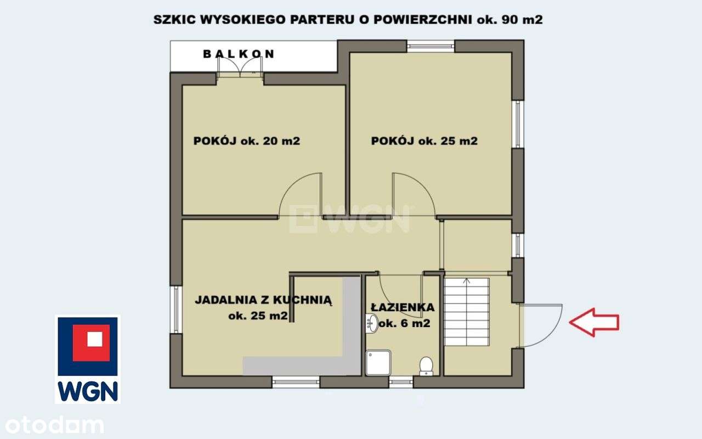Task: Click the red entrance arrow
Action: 595,322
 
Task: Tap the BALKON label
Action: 239,54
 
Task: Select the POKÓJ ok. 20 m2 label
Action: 247,141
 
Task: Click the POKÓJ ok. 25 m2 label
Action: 424,141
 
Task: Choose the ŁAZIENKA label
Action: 403,308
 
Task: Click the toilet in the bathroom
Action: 426,366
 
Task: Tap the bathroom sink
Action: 370,323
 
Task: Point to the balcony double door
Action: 240,67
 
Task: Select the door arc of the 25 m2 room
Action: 412,195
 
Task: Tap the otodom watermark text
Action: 52,425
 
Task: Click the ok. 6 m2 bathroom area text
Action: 404,324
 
